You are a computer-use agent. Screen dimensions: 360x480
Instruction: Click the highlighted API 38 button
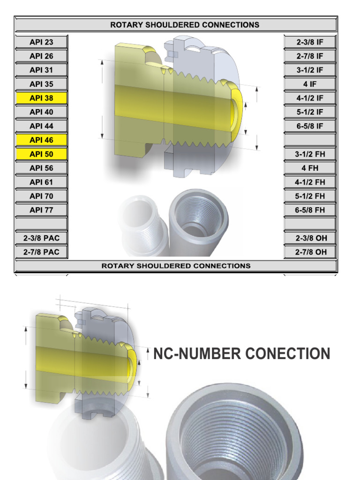pyautogui.click(x=41, y=98)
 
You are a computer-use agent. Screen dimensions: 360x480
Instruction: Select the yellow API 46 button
pyautogui.click(x=41, y=140)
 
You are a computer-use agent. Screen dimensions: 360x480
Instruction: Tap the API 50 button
pyautogui.click(x=41, y=154)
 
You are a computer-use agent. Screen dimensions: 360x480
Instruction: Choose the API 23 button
pyautogui.click(x=41, y=42)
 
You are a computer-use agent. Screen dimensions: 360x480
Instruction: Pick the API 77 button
pyautogui.click(x=41, y=210)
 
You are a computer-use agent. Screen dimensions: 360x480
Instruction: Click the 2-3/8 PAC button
pyautogui.click(x=41, y=238)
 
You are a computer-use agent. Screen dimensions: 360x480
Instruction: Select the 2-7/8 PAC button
pyautogui.click(x=41, y=252)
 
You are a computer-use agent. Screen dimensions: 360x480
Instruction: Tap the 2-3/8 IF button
pyautogui.click(x=310, y=42)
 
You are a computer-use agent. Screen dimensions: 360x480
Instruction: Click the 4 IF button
pyautogui.click(x=310, y=84)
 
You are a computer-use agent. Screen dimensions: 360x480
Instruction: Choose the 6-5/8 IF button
pyautogui.click(x=310, y=126)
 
